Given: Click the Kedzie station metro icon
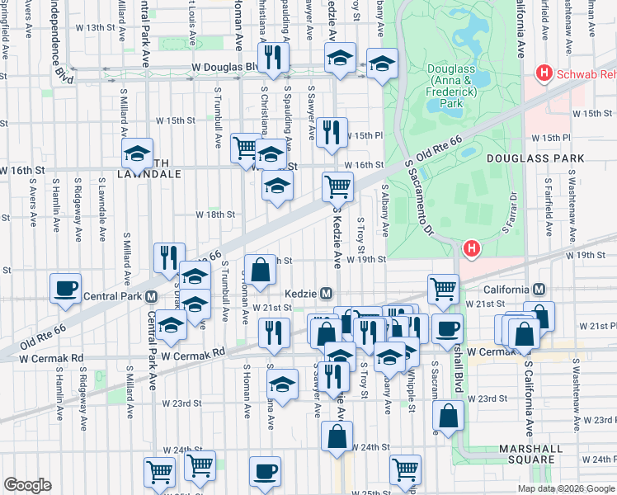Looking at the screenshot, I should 327,294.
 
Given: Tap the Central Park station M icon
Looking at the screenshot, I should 151,296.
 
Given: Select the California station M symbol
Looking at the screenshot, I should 539,290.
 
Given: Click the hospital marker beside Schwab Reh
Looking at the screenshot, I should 544,73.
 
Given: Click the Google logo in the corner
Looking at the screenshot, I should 27,485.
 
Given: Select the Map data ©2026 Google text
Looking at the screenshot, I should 566,488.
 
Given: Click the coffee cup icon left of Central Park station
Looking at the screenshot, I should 65,289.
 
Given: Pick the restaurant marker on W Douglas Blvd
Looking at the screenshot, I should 272,57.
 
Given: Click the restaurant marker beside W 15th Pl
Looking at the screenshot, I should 332,132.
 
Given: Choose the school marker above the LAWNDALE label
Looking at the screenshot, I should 137,153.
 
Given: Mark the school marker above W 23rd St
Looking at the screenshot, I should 282,384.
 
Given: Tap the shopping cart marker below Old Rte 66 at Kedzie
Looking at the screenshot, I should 337,187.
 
